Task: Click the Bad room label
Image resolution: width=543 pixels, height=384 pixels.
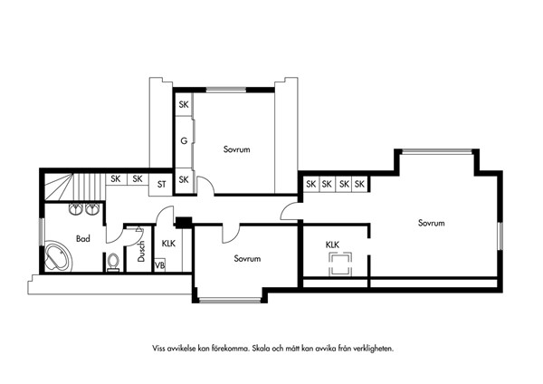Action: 83,238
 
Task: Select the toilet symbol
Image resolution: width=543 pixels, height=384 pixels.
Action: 113,262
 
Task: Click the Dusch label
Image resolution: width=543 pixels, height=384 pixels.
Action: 141,251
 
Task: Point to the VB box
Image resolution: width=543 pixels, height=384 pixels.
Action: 159,265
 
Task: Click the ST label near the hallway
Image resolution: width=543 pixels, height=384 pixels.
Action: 162,184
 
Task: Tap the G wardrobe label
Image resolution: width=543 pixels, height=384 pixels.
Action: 184,140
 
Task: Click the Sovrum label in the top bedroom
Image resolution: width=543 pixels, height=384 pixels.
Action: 237,149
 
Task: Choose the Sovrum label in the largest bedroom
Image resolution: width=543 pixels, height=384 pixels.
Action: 431,223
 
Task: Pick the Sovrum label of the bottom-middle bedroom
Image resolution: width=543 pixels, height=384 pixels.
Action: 247,258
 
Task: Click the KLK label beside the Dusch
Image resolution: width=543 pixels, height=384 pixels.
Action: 168,244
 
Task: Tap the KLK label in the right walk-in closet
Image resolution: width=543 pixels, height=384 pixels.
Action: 332,245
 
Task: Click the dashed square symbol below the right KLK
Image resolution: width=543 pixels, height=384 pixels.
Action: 341,264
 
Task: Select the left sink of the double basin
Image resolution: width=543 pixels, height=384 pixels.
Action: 75,209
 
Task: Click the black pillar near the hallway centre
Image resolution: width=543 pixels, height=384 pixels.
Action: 184,223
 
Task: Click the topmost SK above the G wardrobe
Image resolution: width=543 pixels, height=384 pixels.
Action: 184,104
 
